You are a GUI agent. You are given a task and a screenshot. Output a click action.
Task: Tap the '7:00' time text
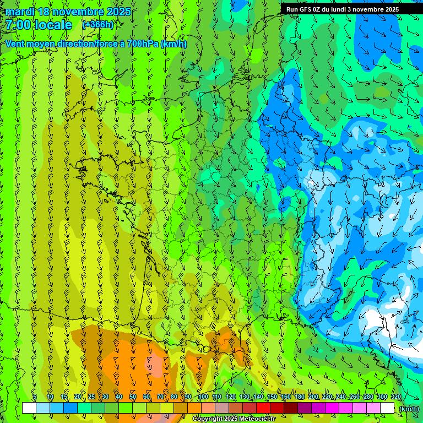(19, 25)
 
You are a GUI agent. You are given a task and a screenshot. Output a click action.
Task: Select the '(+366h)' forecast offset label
(98, 24)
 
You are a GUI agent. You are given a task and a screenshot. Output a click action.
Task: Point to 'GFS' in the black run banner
(307, 9)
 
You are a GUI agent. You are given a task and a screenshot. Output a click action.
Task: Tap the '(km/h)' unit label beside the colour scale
(408, 409)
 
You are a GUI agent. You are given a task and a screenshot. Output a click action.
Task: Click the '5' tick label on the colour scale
(35, 397)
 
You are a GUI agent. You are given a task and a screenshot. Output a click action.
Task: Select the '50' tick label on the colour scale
(133, 397)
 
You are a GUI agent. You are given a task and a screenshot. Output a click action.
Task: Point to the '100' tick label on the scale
(203, 397)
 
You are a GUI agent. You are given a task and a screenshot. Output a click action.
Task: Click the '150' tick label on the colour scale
(272, 397)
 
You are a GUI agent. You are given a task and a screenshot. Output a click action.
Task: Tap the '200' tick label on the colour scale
(313, 397)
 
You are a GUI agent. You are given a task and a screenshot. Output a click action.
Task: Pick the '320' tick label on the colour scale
(396, 397)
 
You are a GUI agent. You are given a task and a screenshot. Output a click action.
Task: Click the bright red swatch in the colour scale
(263, 408)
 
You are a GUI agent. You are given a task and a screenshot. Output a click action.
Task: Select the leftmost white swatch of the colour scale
(29, 408)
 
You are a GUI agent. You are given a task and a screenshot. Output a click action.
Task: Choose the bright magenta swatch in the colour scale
(332, 408)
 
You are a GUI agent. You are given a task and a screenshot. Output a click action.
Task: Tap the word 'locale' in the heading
(53, 25)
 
